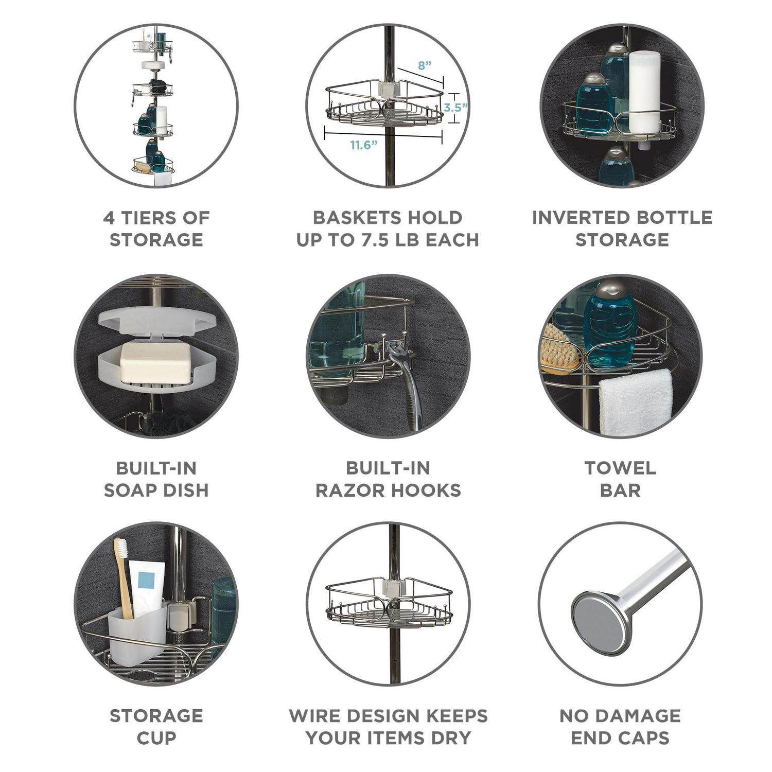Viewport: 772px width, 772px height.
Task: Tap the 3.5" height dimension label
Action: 456,108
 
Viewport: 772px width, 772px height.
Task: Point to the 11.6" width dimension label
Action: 364,145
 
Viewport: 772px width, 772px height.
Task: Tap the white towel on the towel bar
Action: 636,402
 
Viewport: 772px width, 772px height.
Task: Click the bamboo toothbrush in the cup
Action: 124,577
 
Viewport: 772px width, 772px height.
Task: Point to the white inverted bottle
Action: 644,100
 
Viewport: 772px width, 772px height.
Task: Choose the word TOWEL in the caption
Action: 620,468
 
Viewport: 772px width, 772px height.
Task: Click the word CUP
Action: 156,738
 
